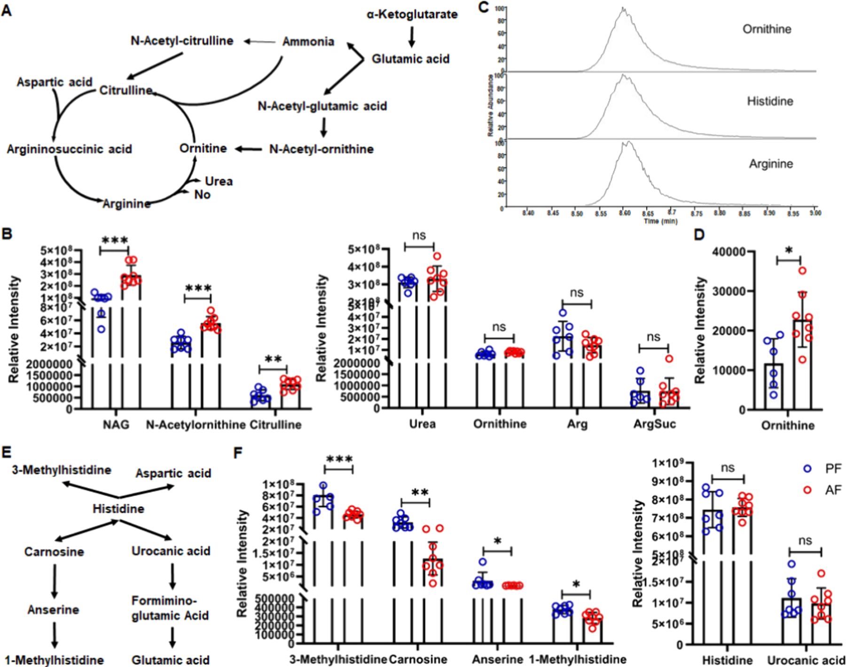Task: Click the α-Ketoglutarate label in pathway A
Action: click(x=412, y=15)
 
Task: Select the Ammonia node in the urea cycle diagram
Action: click(x=308, y=42)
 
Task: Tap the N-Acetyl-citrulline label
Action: click(x=182, y=41)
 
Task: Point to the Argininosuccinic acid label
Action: click(x=69, y=149)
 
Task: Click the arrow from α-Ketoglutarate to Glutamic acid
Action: click(x=412, y=37)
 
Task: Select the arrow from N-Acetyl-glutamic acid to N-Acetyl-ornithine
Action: click(x=323, y=127)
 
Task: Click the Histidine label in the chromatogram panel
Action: click(x=770, y=101)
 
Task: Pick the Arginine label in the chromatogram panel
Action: click(x=771, y=164)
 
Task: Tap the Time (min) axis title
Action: click(x=660, y=221)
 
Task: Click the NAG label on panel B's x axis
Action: click(x=116, y=425)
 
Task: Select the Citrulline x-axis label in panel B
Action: click(x=275, y=425)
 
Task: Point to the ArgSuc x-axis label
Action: click(x=655, y=424)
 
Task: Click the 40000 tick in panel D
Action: click(x=729, y=252)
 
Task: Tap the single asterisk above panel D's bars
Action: click(x=789, y=251)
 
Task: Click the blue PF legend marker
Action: click(x=807, y=469)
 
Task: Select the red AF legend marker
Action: click(x=807, y=490)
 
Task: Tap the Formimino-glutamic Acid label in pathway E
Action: click(x=170, y=608)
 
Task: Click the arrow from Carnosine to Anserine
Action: click(x=55, y=580)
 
